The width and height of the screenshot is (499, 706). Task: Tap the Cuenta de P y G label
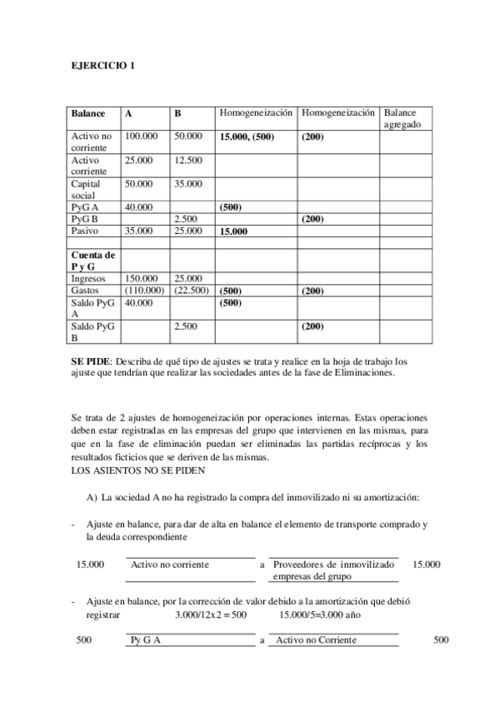92,260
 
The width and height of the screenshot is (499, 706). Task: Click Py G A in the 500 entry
146,639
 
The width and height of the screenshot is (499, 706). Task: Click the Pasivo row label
85,231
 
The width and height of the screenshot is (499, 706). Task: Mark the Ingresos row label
88,278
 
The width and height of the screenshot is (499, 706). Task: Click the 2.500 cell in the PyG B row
185,219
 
